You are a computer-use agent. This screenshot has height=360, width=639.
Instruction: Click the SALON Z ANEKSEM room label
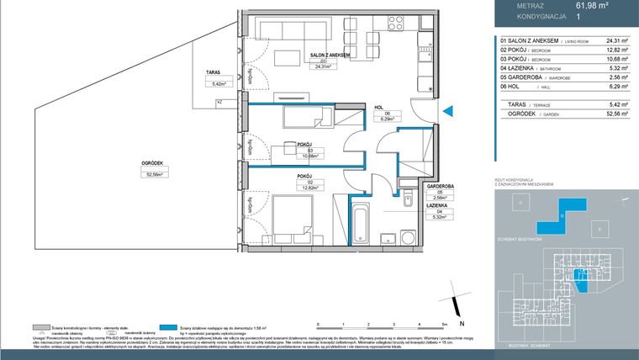[x=330, y=54]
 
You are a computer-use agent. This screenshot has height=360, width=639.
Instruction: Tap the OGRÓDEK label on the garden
[x=152, y=163]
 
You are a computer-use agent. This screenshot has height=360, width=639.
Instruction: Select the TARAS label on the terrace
[x=213, y=72]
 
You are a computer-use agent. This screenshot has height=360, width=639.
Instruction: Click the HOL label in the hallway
[x=379, y=107]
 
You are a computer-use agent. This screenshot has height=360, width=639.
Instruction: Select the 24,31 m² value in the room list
[x=618, y=40]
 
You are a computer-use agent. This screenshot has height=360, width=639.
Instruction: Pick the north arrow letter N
[x=457, y=323]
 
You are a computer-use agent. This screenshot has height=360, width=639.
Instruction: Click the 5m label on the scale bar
[x=443, y=323]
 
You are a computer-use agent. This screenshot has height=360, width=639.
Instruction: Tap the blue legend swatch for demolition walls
[x=172, y=327]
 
